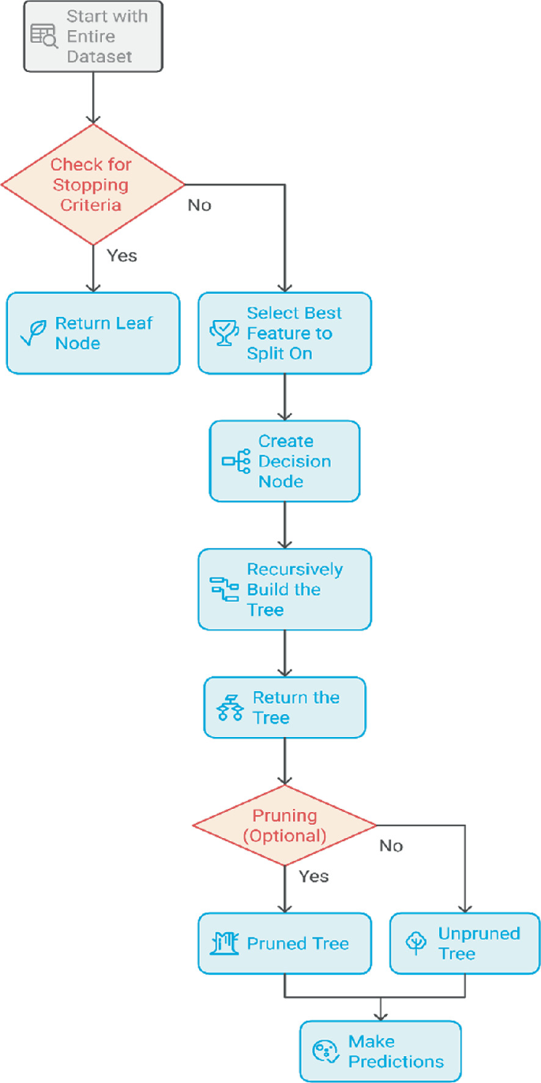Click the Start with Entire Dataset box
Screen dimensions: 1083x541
pyautogui.click(x=93, y=36)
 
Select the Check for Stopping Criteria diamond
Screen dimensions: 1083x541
pyautogui.click(x=93, y=185)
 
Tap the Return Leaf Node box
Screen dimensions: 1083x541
pyautogui.click(x=93, y=333)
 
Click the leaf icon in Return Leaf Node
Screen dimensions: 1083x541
pyautogui.click(x=33, y=333)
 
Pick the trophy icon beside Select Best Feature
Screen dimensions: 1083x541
pyautogui.click(x=223, y=333)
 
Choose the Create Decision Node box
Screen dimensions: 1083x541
pyautogui.click(x=284, y=461)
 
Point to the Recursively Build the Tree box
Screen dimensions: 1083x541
pyautogui.click(x=284, y=589)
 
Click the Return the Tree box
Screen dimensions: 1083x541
pyautogui.click(x=284, y=708)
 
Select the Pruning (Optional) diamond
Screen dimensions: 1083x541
pyautogui.click(x=284, y=825)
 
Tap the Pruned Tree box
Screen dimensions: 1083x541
pyautogui.click(x=284, y=943)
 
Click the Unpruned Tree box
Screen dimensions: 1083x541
pyautogui.click(x=465, y=943)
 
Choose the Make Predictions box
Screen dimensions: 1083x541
pyautogui.click(x=380, y=1051)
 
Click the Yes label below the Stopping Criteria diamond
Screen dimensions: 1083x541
pyautogui.click(x=122, y=255)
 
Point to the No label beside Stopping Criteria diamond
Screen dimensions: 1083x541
pyautogui.click(x=199, y=205)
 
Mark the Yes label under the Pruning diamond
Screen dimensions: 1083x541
pyautogui.click(x=314, y=876)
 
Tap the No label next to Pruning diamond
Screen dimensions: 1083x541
pyautogui.click(x=391, y=846)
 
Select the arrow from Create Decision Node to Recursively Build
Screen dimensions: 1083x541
pyautogui.click(x=284, y=525)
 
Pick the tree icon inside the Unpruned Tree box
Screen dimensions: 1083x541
pyautogui.click(x=416, y=943)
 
